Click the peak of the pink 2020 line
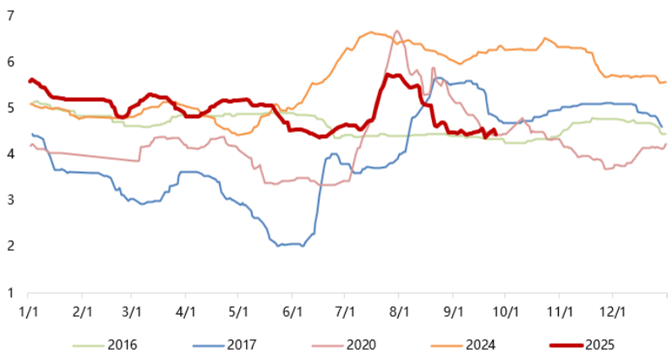[x=397, y=31]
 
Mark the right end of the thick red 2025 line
[x=494, y=130]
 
